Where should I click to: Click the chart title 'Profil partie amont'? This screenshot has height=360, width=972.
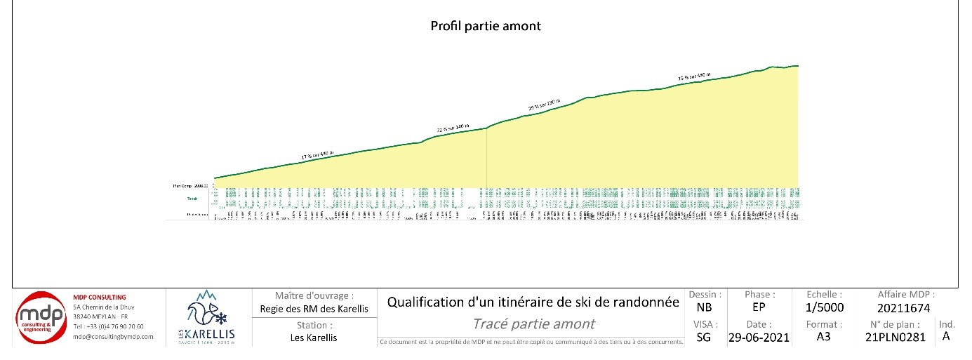pos(485,26)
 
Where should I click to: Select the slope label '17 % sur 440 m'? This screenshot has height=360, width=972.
pos(317,155)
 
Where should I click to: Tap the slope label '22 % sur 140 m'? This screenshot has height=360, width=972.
pos(453,128)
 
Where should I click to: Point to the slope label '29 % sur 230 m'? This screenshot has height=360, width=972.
pos(544,105)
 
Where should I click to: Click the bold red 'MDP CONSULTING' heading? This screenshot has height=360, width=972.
pos(100,298)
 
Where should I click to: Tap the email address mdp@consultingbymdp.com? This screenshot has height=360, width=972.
pos(113,337)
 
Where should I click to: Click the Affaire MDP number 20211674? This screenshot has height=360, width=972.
pos(904,307)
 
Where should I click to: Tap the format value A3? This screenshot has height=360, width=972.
pos(825,337)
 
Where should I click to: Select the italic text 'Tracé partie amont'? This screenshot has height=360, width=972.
pos(533,324)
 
